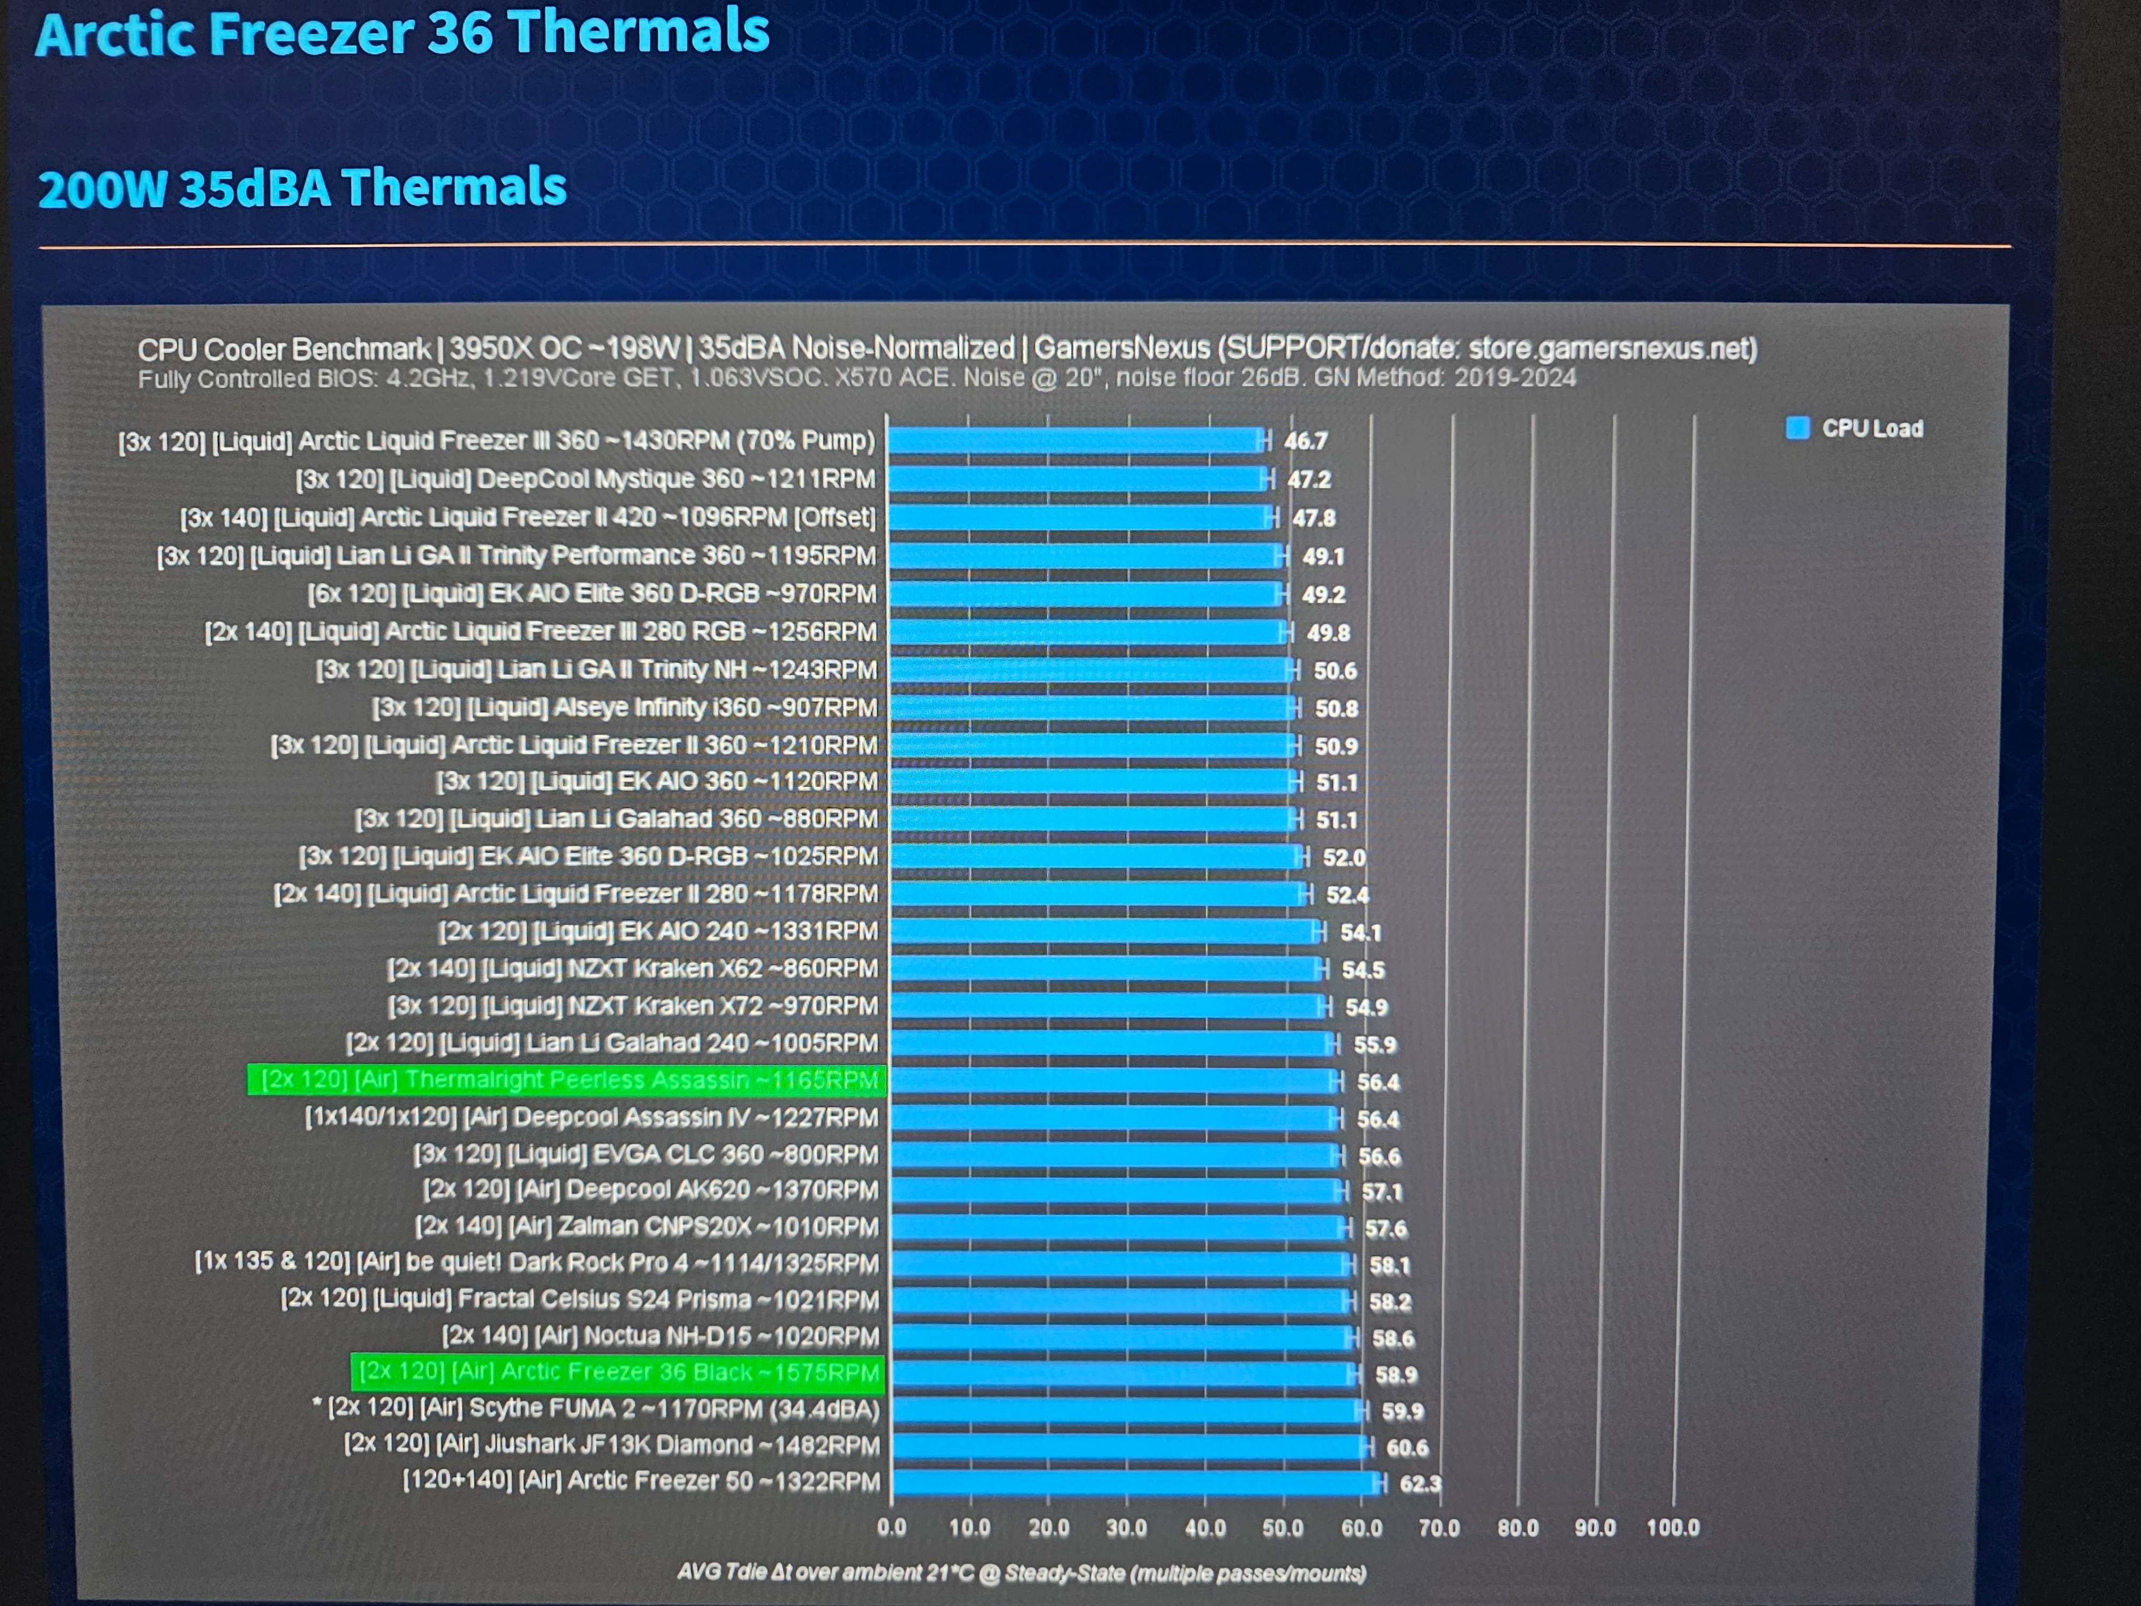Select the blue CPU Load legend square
pyautogui.click(x=1797, y=428)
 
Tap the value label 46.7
pyautogui.click(x=1305, y=442)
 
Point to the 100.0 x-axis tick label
pyautogui.click(x=1673, y=1528)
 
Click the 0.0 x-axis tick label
pyautogui.click(x=891, y=1528)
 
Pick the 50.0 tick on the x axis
pyautogui.click(x=1282, y=1528)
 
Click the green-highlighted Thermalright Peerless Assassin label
pyautogui.click(x=568, y=1080)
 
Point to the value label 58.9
pyautogui.click(x=1396, y=1375)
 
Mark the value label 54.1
pyautogui.click(x=1361, y=932)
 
